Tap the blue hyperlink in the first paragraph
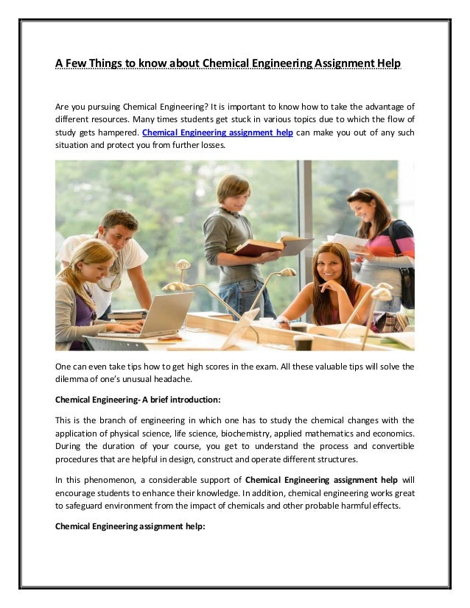[x=217, y=133]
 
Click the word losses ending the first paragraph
[x=208, y=147]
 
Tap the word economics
[x=393, y=434]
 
